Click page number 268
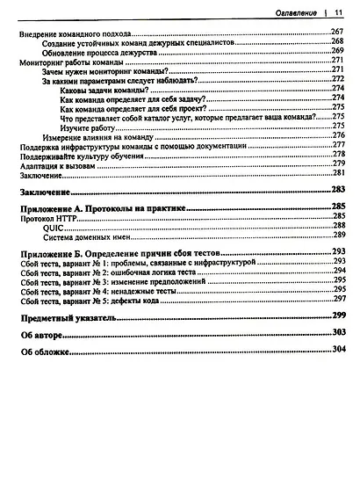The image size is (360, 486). coord(337,42)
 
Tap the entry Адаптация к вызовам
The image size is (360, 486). coord(56,166)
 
